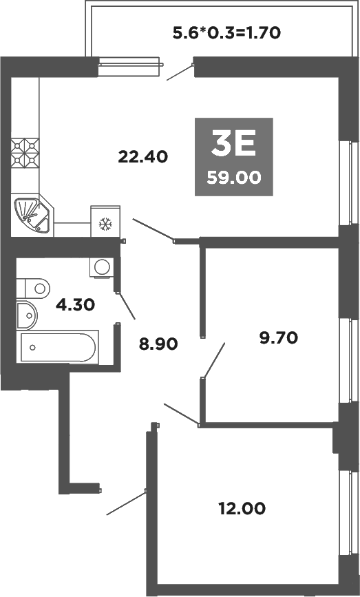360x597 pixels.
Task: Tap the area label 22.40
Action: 143,156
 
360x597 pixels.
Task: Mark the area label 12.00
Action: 240,509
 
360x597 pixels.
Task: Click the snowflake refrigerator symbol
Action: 105,223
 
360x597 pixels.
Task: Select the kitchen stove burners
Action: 25,153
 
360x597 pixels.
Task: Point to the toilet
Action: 34,285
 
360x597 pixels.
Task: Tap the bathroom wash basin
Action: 27,316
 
